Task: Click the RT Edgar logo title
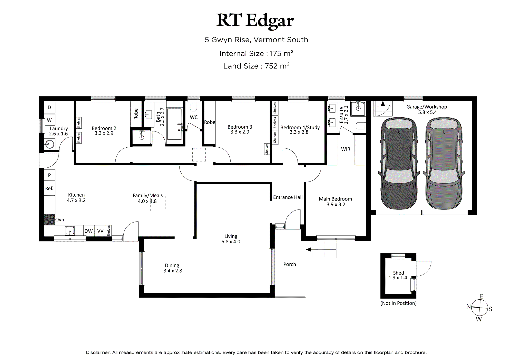[255, 21]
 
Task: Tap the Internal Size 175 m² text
[256, 53]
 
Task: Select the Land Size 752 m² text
[256, 66]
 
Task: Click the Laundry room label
[59, 128]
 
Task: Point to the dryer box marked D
[50, 107]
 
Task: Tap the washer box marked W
[50, 120]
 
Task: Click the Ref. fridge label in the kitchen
[49, 188]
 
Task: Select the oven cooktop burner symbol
[49, 219]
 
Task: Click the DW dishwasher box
[89, 231]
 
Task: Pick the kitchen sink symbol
[70, 231]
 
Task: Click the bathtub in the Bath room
[174, 124]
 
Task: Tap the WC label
[194, 117]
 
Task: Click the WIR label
[346, 149]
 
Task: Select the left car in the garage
[399, 163]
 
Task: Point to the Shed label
[398, 273]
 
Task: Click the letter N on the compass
[469, 306]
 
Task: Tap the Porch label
[290, 264]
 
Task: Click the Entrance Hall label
[288, 197]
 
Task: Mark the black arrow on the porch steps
[309, 250]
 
